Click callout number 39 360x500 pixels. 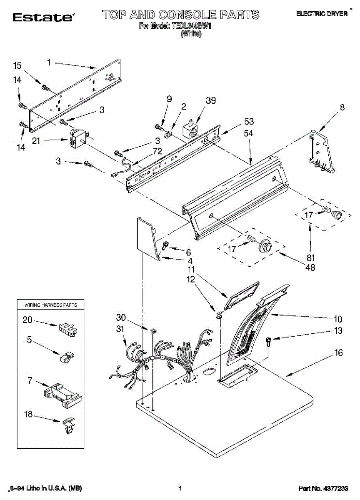point(211,100)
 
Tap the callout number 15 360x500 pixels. point(17,65)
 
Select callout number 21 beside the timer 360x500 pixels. point(36,141)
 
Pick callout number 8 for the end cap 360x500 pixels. point(342,107)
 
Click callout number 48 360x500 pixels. point(310,267)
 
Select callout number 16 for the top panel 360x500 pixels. point(338,353)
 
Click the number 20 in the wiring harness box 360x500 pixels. point(27,320)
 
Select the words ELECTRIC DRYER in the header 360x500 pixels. point(322,14)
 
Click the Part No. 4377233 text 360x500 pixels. point(323,488)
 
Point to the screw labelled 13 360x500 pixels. point(269,342)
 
